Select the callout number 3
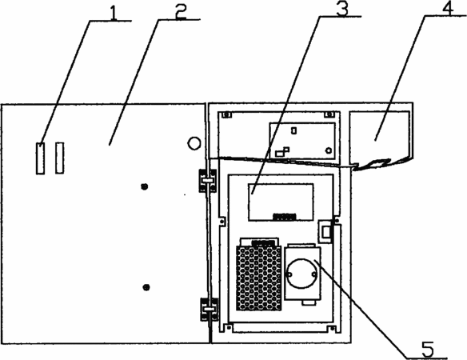tap(342, 8)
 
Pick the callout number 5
tap(427, 349)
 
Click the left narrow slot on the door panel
tap(40, 158)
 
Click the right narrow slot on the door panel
tap(59, 158)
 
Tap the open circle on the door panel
tap(194, 143)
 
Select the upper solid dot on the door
tap(145, 186)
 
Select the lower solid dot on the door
tap(146, 287)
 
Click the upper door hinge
tap(208, 181)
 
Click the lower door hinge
tap(209, 310)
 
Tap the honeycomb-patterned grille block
tap(259, 278)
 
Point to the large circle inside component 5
tap(301, 274)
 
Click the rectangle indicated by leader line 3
tap(281, 202)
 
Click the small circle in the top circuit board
tap(329, 150)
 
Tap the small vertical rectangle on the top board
tap(294, 130)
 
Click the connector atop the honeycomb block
tap(264, 242)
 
